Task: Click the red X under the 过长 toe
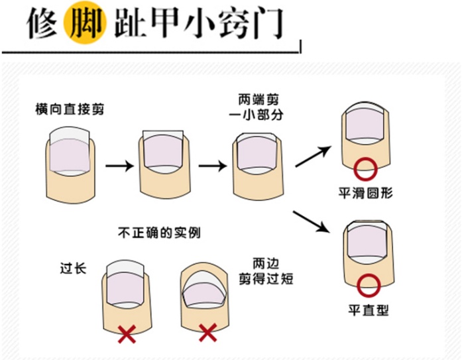point(125,333)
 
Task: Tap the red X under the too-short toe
point(207,331)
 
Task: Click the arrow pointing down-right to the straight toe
point(312,221)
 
